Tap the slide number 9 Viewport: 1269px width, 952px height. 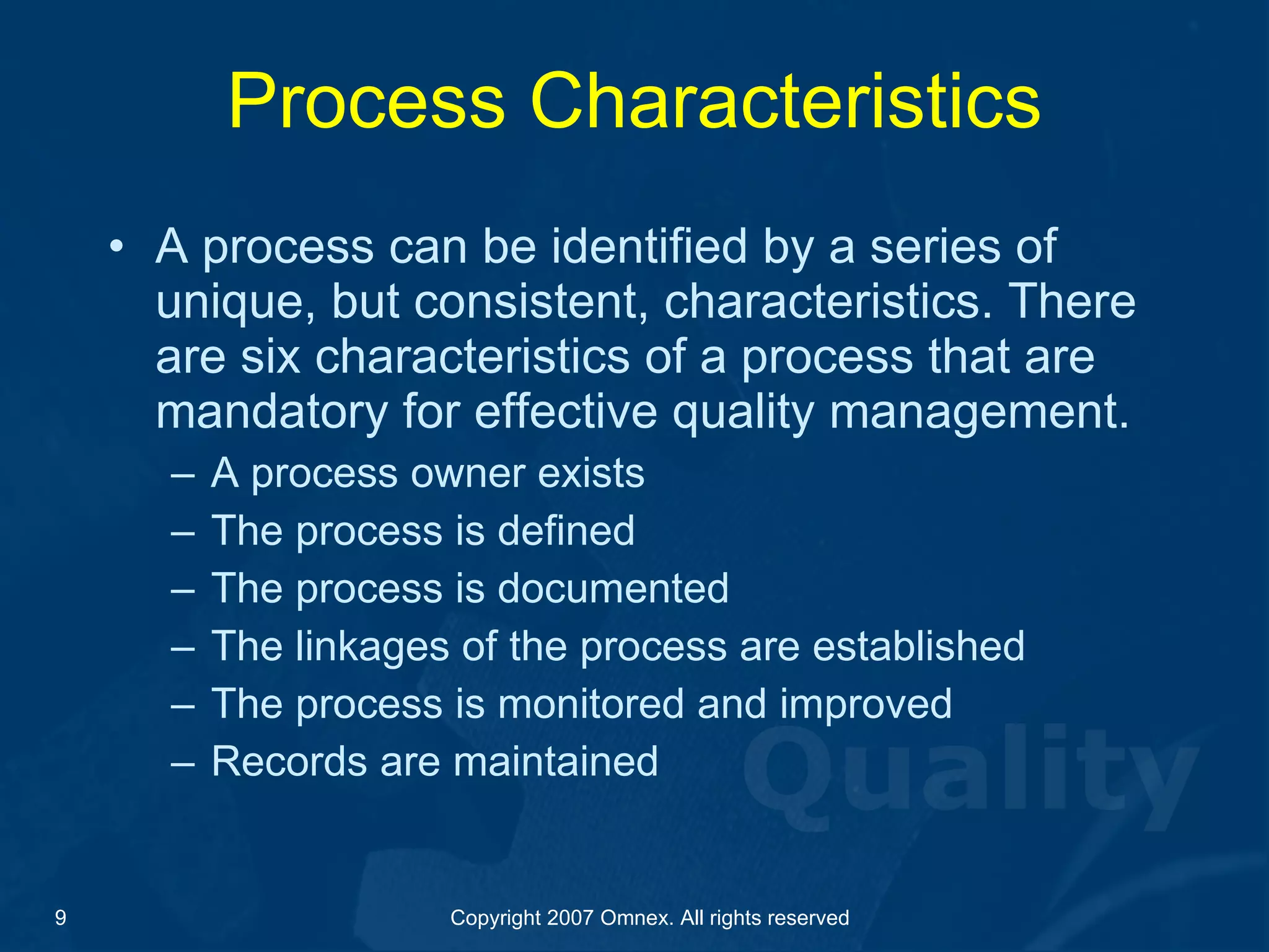coord(60,917)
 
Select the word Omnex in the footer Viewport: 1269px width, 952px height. coord(637,917)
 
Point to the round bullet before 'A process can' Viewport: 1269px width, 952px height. coord(116,248)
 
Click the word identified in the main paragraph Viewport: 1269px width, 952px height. coord(649,247)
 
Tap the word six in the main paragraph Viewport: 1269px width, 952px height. coord(270,357)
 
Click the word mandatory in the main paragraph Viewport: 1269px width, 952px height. coord(271,413)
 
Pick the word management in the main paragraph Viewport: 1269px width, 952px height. coord(979,413)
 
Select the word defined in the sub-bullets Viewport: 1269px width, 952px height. coord(566,531)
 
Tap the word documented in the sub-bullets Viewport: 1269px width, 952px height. coord(613,588)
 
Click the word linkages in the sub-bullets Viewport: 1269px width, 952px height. coord(372,646)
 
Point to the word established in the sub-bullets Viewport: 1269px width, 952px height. coord(918,646)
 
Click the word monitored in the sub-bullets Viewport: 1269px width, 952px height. coord(590,703)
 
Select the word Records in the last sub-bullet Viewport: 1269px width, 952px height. coord(289,761)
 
